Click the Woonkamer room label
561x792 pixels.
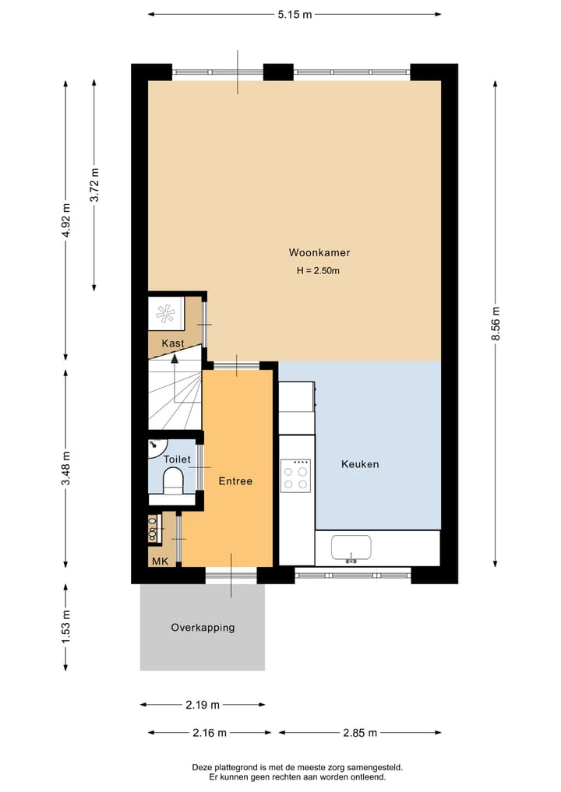tap(319, 252)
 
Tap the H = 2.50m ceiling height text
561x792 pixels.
tap(318, 271)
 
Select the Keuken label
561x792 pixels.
tap(360, 464)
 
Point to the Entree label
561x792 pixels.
tap(235, 480)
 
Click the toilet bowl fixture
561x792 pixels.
tap(173, 480)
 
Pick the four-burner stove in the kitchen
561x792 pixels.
tap(295, 476)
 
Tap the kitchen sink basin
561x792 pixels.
tap(351, 548)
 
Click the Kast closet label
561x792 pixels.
tap(173, 343)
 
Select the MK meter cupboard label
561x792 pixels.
tap(160, 561)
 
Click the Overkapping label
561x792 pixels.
tap(203, 628)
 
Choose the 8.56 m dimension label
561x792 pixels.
tap(496, 323)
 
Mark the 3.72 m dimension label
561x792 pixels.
tap(94, 185)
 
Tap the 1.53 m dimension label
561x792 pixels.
tap(65, 628)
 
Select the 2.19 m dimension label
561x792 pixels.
tap(203, 705)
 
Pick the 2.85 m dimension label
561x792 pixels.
tap(360, 732)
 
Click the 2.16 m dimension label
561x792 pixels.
tap(210, 732)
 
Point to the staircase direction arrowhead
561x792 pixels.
tap(175, 359)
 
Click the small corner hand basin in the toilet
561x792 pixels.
tap(156, 447)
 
